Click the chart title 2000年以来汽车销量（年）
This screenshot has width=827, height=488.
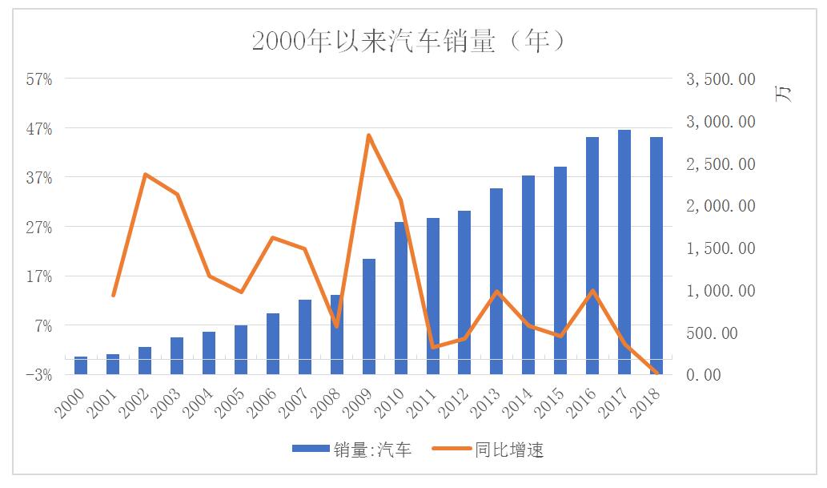tap(409, 40)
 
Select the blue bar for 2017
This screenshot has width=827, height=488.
tap(624, 252)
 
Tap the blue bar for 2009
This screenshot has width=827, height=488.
tap(368, 317)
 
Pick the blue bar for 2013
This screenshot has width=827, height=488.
tap(496, 281)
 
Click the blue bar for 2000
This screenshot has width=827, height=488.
tap(81, 365)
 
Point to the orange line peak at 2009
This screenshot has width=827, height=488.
tap(368, 135)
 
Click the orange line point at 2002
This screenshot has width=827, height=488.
tap(145, 174)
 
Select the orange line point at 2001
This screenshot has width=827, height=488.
tap(113, 296)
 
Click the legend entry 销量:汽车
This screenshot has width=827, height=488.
tap(352, 450)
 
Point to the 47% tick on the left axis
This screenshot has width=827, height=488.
tap(39, 128)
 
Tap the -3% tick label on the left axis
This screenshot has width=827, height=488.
tap(39, 375)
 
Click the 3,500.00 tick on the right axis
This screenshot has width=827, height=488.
tap(721, 79)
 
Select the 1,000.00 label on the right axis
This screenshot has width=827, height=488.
tap(721, 290)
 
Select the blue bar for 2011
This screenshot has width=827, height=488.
tap(432, 296)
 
